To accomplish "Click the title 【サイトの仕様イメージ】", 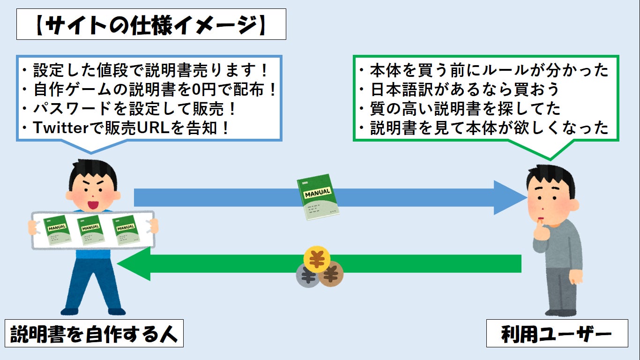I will [151, 27].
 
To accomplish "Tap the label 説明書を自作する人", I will [94, 334].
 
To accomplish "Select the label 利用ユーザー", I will [557, 334].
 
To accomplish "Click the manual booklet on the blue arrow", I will [318, 198].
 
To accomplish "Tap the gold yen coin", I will [317, 258].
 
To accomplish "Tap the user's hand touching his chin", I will [543, 231].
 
